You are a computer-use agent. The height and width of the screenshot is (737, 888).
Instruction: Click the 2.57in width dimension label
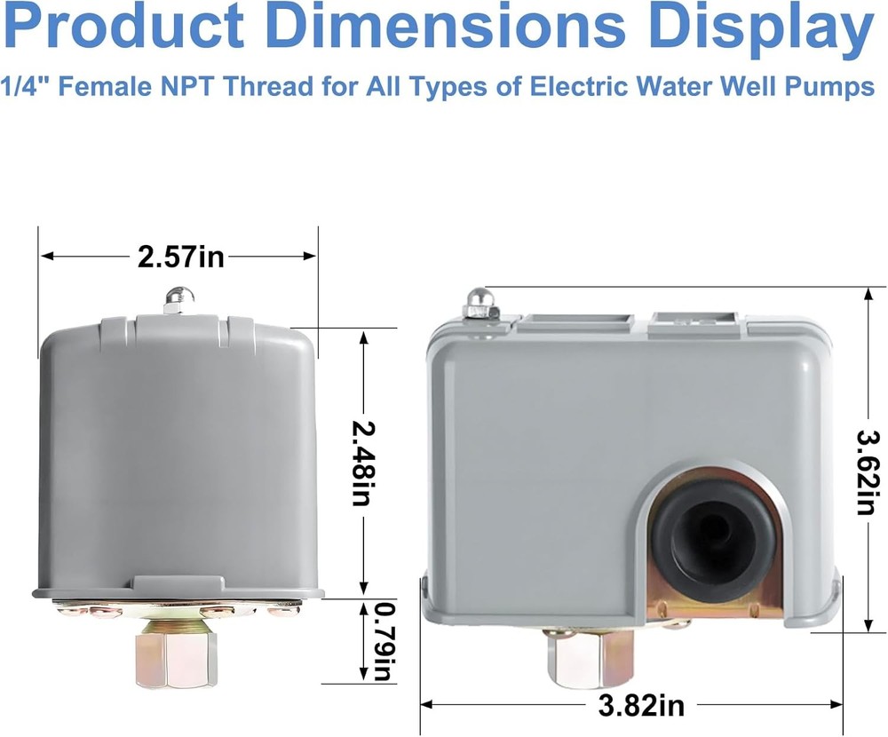(x=180, y=257)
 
